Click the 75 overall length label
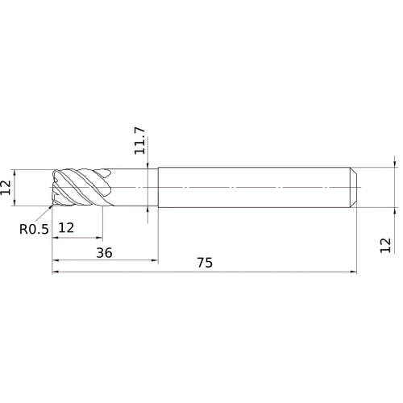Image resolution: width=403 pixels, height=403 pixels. pyautogui.click(x=206, y=263)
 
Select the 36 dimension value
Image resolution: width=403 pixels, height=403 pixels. pyautogui.click(x=104, y=252)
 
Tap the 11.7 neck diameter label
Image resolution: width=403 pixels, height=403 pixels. pyautogui.click(x=140, y=139)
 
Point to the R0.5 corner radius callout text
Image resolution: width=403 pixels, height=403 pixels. pyautogui.click(x=35, y=229)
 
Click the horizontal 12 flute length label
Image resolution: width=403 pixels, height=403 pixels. pyautogui.click(x=67, y=228)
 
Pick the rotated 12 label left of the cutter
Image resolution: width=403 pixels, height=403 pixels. pyautogui.click(x=7, y=187)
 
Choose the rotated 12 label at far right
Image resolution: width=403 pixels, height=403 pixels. pyautogui.click(x=385, y=245)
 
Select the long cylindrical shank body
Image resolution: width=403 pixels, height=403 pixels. pyautogui.click(x=254, y=187)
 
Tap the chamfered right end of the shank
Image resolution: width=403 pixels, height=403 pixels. pyautogui.click(x=354, y=187)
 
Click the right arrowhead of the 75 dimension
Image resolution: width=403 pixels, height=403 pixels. pyautogui.click(x=355, y=272)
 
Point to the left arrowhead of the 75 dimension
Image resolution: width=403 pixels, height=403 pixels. pyautogui.click(x=55, y=272)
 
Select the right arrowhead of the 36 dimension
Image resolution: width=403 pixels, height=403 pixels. pyautogui.click(x=156, y=261)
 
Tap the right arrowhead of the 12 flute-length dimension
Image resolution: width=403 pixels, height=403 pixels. pyautogui.click(x=101, y=238)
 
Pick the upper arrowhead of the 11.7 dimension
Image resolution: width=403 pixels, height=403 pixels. pyautogui.click(x=147, y=164)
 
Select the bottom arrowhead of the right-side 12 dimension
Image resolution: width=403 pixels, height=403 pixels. pyautogui.click(x=395, y=211)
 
